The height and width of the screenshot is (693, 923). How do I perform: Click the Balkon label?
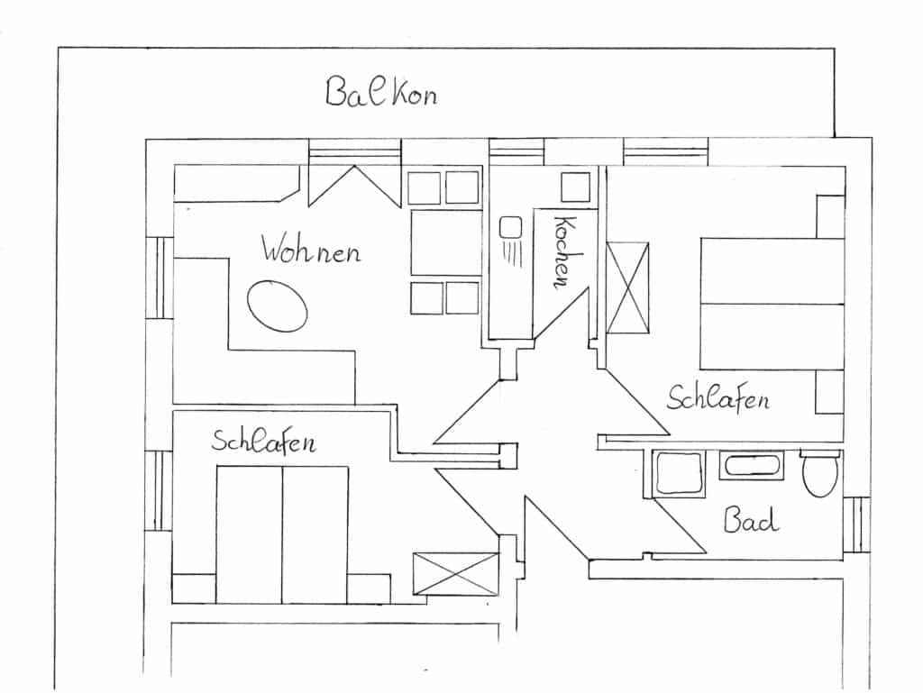click(x=381, y=92)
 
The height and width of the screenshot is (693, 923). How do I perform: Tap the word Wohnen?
click(x=311, y=250)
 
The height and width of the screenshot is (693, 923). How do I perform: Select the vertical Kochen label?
click(x=562, y=251)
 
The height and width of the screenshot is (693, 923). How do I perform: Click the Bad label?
click(x=751, y=519)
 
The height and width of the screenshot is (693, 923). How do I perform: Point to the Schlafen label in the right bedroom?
click(x=717, y=397)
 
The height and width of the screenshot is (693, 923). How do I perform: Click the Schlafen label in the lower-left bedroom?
click(x=263, y=442)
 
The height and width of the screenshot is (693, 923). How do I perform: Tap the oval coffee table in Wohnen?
click(x=278, y=305)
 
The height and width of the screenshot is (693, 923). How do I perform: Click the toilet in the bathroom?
click(x=820, y=474)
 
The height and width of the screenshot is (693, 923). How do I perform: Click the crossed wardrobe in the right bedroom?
click(x=627, y=288)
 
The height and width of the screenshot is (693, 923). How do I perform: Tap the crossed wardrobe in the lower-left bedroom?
click(x=455, y=573)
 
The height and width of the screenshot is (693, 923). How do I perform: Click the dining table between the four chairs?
click(x=445, y=242)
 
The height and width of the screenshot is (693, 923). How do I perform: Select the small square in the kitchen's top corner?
click(x=574, y=187)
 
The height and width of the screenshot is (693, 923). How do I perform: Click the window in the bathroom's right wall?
click(x=856, y=524)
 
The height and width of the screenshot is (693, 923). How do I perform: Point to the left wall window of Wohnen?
click(x=159, y=278)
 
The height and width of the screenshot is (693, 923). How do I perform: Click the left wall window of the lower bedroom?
click(x=159, y=490)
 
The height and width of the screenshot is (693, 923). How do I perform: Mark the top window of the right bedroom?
click(x=665, y=152)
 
